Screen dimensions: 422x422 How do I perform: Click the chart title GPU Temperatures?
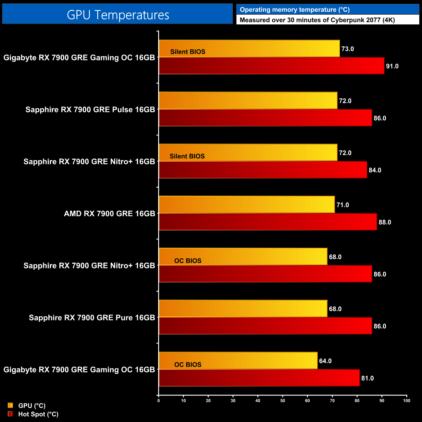coord(118,15)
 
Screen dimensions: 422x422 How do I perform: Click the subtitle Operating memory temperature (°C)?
coord(295,9)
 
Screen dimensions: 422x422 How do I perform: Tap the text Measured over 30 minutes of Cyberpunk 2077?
coord(317,20)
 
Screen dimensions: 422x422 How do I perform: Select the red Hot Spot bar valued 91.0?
coord(271,66)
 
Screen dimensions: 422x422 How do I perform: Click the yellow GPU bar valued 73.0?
coord(249,48)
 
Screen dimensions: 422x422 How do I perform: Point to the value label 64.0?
coord(325,361)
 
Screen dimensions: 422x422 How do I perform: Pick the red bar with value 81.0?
coord(259,378)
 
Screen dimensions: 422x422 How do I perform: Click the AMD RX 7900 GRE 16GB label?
coord(109,214)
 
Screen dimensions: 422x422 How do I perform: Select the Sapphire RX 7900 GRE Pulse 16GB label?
coord(90,110)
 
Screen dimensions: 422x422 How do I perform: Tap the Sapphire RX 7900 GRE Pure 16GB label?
coord(92,318)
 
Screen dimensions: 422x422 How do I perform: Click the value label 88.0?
coord(385,222)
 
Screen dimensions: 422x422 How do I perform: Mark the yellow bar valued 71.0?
coord(247,205)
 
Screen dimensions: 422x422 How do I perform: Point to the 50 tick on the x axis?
coord(283,401)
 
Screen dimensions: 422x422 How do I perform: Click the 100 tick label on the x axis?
coord(406,401)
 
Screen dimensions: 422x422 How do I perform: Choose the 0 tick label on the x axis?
coord(158,401)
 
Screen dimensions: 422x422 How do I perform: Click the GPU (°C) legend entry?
coord(31,405)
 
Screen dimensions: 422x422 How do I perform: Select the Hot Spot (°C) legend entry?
coord(38,414)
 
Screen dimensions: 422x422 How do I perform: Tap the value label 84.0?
coord(375,170)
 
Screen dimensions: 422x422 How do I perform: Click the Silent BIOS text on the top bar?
coord(188,52)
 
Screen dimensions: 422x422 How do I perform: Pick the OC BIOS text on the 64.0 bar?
coord(188,365)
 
